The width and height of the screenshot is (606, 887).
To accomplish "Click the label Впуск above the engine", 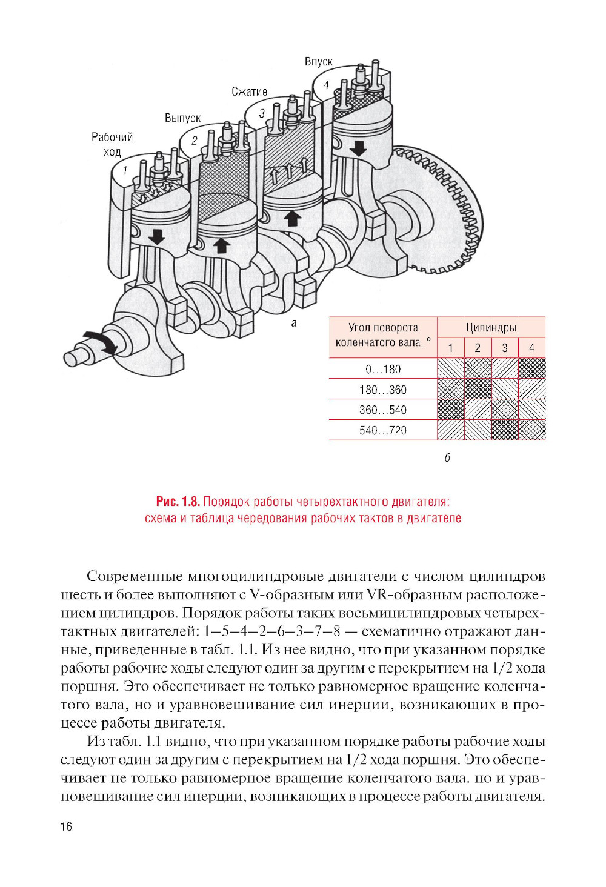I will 318,62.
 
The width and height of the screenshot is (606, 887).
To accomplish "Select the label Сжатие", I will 249,92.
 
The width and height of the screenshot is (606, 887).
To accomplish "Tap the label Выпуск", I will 182,118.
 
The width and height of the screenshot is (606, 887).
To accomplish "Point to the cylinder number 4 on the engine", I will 326,85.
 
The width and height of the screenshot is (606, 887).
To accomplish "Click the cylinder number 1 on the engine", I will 125,171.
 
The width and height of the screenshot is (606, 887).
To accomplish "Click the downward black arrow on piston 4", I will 358,147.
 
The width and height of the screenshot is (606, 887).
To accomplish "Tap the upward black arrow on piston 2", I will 222,245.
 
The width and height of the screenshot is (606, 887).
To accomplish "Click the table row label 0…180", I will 383,369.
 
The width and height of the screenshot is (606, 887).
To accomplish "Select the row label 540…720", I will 383,430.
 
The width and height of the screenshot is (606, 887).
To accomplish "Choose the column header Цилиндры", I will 491,328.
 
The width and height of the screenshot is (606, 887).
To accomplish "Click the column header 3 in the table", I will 505,348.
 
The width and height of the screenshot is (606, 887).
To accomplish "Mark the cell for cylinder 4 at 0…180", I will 532,368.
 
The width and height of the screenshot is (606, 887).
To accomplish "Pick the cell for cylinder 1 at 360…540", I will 451,410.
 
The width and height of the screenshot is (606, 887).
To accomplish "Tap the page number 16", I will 66,826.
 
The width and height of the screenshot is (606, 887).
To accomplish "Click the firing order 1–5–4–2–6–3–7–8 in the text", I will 272,631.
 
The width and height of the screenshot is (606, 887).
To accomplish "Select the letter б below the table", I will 447,458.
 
